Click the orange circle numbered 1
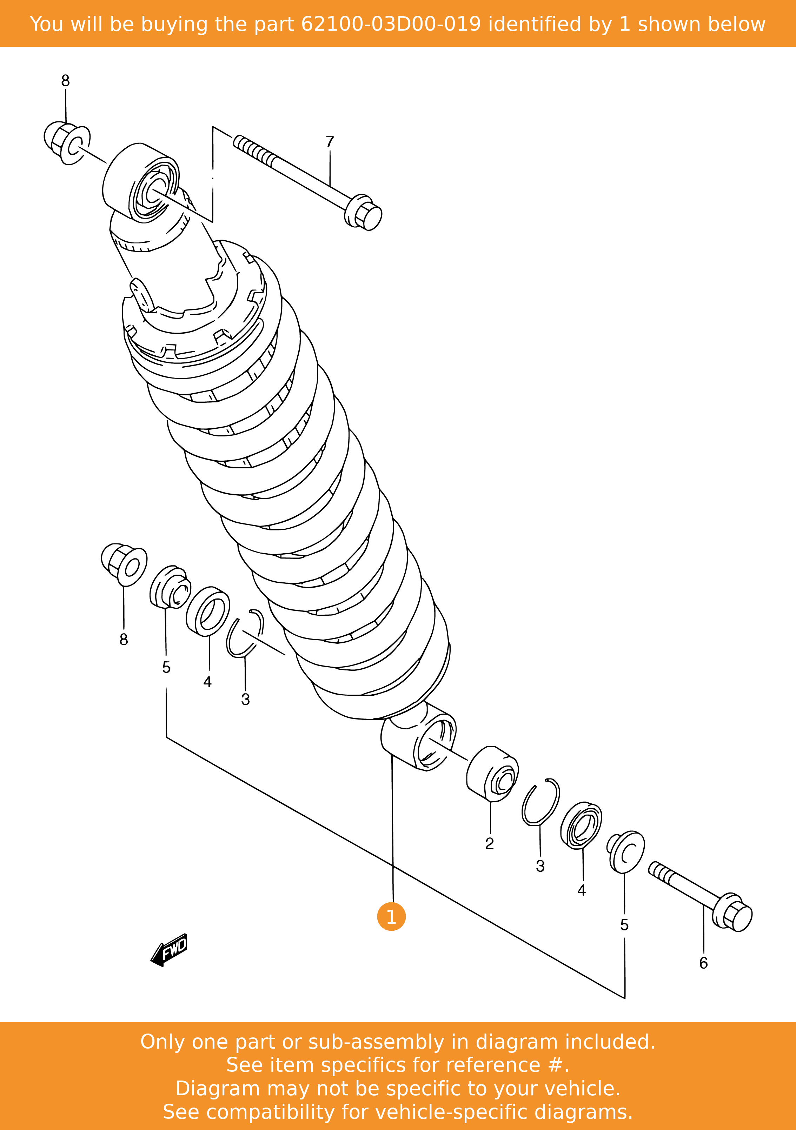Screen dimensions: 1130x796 tap(391, 916)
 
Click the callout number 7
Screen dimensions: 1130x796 tap(330, 142)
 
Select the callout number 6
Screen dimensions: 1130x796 tap(703, 963)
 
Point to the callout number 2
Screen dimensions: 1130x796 tap(489, 843)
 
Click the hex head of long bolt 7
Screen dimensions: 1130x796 tap(364, 213)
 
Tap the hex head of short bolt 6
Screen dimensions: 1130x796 tap(734, 912)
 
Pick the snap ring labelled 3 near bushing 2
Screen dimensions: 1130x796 tap(540, 803)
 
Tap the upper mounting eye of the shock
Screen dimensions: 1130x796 tap(143, 185)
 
